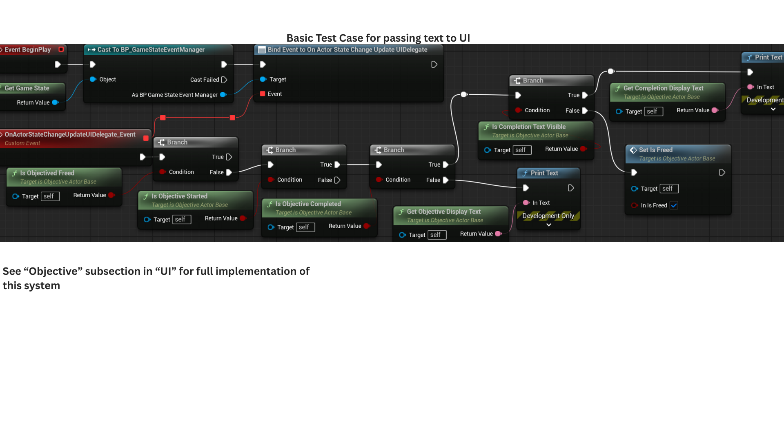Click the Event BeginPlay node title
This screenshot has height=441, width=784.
tap(27, 49)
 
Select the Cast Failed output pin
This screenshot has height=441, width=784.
tap(224, 80)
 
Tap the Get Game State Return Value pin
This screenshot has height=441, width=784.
tap(55, 102)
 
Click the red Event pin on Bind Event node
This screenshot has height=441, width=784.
tap(263, 94)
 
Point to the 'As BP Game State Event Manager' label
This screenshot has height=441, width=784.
tap(174, 95)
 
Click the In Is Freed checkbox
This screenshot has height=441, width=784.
tap(674, 205)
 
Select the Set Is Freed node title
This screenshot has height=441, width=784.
tap(655, 150)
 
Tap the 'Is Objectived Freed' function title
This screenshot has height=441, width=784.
tap(47, 173)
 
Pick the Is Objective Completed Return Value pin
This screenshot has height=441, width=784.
tap(366, 226)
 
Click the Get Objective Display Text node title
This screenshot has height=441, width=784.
tap(443, 212)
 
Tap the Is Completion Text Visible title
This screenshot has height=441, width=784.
tap(528, 127)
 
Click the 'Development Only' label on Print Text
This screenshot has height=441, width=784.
tap(548, 216)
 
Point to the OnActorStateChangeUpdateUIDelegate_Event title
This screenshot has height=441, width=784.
tap(70, 134)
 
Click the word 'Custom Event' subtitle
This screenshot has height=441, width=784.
tap(22, 143)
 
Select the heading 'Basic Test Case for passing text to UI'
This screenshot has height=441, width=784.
tap(378, 38)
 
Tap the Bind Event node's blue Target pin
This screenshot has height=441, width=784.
tap(263, 79)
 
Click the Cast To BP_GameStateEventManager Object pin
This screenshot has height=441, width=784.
tap(93, 79)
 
